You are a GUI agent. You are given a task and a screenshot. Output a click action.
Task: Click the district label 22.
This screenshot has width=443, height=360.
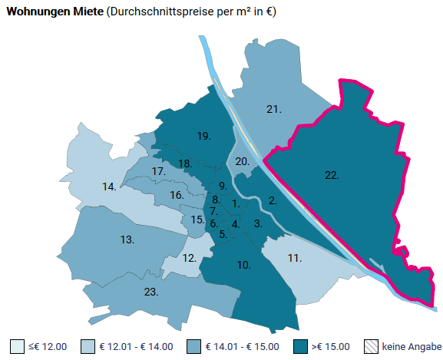(332, 176)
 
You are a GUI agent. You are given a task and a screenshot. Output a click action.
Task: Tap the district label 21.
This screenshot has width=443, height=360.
(274, 109)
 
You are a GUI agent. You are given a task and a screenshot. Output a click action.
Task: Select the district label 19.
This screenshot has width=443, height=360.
(203, 136)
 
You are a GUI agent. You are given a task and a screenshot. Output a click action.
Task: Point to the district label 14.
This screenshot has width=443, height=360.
(110, 187)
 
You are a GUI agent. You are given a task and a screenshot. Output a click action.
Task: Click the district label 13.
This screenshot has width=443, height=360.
(127, 239)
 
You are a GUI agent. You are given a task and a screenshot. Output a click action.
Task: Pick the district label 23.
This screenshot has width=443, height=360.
(150, 292)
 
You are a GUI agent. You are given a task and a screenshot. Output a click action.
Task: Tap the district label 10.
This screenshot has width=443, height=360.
(244, 265)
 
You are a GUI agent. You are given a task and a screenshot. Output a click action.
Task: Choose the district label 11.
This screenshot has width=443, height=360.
(294, 258)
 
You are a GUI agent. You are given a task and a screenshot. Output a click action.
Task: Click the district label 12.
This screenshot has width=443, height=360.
(190, 258)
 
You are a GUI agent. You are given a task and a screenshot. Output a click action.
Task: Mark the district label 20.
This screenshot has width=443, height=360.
(242, 161)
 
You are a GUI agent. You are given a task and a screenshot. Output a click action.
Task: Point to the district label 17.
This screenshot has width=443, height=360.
(159, 171)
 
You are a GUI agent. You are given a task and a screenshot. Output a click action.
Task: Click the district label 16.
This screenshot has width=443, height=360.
(177, 195)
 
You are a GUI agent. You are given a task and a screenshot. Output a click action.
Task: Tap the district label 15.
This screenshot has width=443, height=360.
(197, 220)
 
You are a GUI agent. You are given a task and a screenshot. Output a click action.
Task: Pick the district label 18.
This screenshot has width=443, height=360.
(185, 163)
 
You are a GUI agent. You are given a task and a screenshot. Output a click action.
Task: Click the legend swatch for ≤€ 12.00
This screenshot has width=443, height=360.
(17, 346)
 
